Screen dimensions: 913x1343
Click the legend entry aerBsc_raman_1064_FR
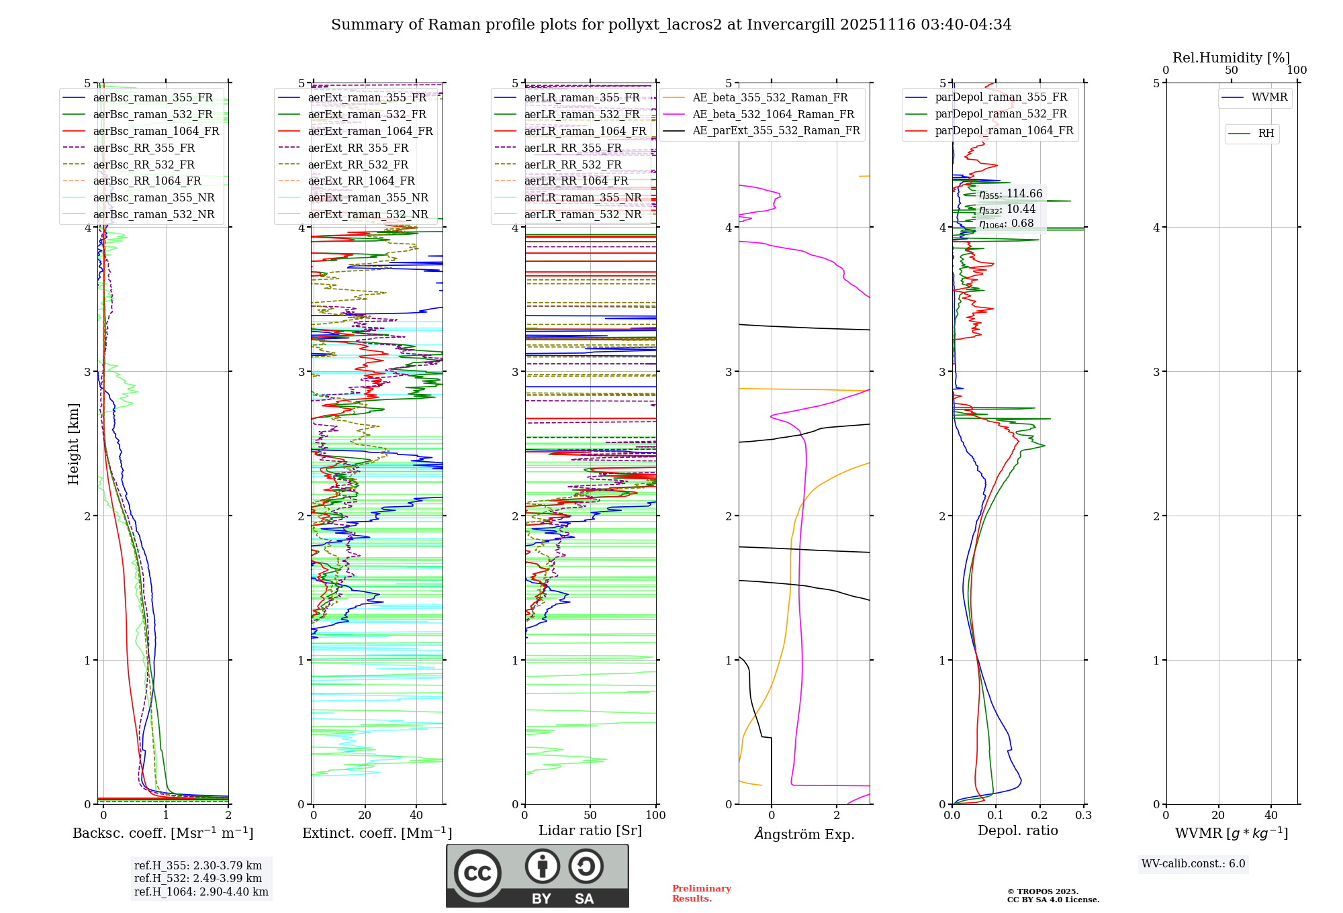coord(156,131)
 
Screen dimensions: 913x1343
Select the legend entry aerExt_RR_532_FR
coord(358,164)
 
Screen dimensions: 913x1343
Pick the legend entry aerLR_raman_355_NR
coord(582,197)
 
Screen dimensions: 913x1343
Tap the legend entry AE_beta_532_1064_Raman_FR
coord(773,114)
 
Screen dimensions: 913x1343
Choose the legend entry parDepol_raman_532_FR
coord(1001,114)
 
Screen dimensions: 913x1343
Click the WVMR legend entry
coord(1268,97)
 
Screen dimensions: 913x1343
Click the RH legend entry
coord(1266,134)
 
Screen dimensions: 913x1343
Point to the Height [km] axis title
coord(73,444)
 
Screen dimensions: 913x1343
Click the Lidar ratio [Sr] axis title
coord(590,830)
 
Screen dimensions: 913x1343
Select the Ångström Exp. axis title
coord(804,834)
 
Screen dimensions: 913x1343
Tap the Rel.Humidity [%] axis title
coord(1231,58)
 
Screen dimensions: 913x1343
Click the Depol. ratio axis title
coord(1017,830)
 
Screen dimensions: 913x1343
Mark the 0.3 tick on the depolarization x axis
coord(1083,816)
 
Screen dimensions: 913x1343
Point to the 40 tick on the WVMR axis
coord(1270,816)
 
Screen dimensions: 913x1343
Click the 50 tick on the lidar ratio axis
coord(590,816)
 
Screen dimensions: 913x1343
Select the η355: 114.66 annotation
coord(1010,194)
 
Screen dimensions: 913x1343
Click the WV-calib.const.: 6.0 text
coord(1193,864)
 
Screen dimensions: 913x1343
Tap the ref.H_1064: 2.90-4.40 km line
coord(201,892)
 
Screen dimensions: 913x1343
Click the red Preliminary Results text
coord(701,894)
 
